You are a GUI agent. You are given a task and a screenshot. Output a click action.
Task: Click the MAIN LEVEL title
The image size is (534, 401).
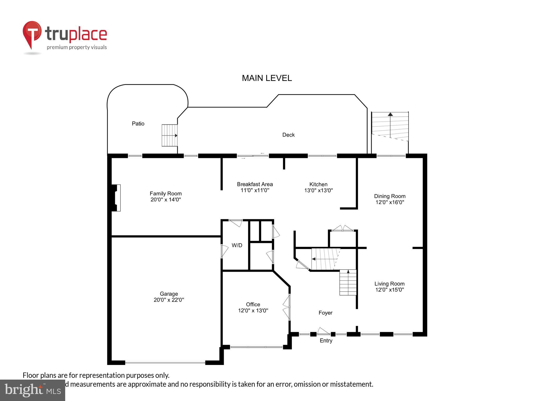coord(267,78)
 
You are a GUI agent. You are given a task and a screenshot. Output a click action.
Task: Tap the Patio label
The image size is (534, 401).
coord(138,123)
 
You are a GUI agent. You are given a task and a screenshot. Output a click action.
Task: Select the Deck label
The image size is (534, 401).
coord(288,135)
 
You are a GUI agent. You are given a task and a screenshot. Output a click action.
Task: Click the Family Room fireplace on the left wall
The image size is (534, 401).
coord(116,198)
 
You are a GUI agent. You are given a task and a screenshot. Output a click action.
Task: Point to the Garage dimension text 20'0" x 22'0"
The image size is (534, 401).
coord(169,300)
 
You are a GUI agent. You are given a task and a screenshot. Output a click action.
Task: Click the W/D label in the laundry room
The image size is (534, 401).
coord(237,245)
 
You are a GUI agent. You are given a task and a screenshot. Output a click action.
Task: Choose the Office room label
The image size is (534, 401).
coord(253,304)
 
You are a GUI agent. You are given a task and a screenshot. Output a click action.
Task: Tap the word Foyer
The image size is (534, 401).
coord(325,312)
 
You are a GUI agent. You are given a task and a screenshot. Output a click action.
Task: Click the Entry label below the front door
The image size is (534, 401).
coord(326,340)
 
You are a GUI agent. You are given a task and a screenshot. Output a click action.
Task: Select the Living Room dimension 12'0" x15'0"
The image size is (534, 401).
coord(390,290)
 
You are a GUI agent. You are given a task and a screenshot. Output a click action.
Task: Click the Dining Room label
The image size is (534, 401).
coord(390,196)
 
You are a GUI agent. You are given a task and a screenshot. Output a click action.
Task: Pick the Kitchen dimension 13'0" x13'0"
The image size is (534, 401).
coord(318,190)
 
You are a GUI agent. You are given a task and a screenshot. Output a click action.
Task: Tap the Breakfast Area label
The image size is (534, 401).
coord(255,184)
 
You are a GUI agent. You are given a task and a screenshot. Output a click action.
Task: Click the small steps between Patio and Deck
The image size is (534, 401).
coord(169,135)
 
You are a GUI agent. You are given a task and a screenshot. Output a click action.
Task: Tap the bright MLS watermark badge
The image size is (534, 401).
coord(33,390)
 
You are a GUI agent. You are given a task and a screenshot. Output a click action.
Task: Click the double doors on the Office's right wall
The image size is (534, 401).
coord(287,307)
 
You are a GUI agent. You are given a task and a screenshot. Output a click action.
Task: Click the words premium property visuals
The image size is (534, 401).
coord(77,47)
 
